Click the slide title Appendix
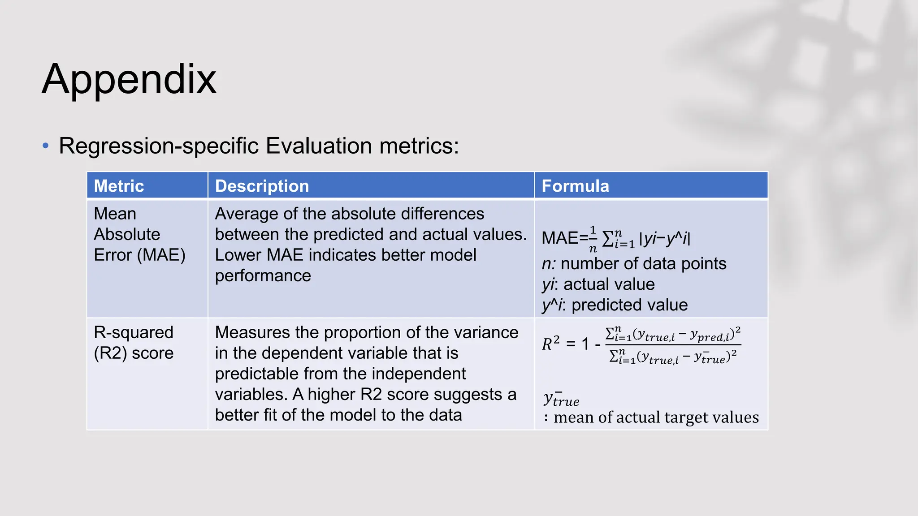pyautogui.click(x=129, y=79)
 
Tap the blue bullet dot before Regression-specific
pyautogui.click(x=45, y=146)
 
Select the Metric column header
pyautogui.click(x=119, y=186)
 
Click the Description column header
pyautogui.click(x=262, y=186)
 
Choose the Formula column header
pyautogui.click(x=575, y=186)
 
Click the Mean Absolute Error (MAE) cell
pyautogui.click(x=139, y=234)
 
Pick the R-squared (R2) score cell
pyautogui.click(x=134, y=343)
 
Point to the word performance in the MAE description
pyautogui.click(x=263, y=276)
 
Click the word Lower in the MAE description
pyautogui.click(x=238, y=255)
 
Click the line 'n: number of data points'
pyautogui.click(x=634, y=264)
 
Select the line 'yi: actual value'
pyautogui.click(x=598, y=284)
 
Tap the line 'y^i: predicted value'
pyautogui.click(x=615, y=305)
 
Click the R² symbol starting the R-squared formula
pyautogui.click(x=550, y=344)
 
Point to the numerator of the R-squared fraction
pyautogui.click(x=672, y=335)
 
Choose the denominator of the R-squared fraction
pyautogui.click(x=672, y=357)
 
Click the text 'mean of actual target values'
pyautogui.click(x=656, y=417)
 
